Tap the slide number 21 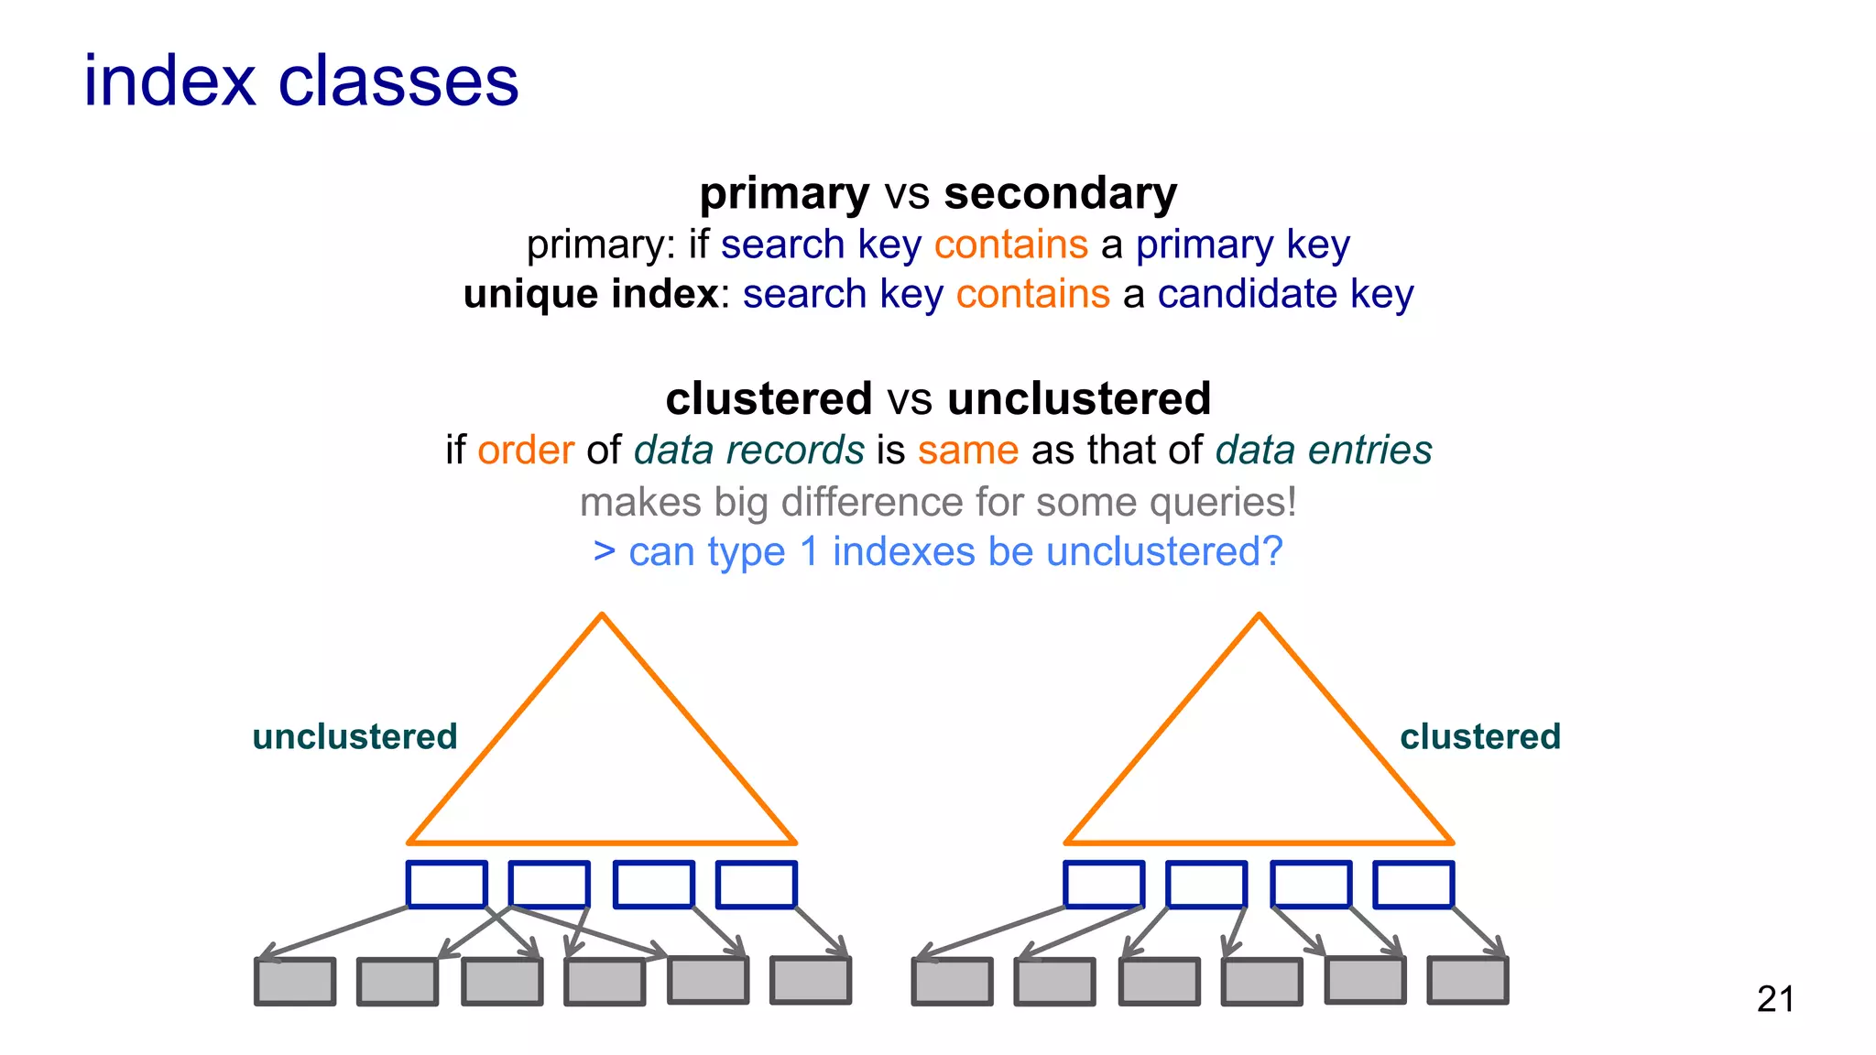[x=1775, y=998]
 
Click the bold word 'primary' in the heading [x=784, y=193]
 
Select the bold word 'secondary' [x=1060, y=193]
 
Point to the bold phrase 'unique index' [x=591, y=294]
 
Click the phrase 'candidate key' [x=1285, y=294]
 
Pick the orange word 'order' [x=526, y=450]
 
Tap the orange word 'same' [x=968, y=450]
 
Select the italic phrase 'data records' [x=748, y=450]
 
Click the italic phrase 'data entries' [x=1324, y=450]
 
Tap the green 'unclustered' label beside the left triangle [x=354, y=736]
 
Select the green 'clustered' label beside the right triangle [x=1480, y=736]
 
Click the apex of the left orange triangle [x=602, y=615]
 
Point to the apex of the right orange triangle [x=1259, y=615]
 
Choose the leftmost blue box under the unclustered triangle [x=446, y=885]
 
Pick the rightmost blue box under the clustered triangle [x=1413, y=885]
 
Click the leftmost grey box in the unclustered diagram [x=295, y=982]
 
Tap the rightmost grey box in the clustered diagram [x=1467, y=981]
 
